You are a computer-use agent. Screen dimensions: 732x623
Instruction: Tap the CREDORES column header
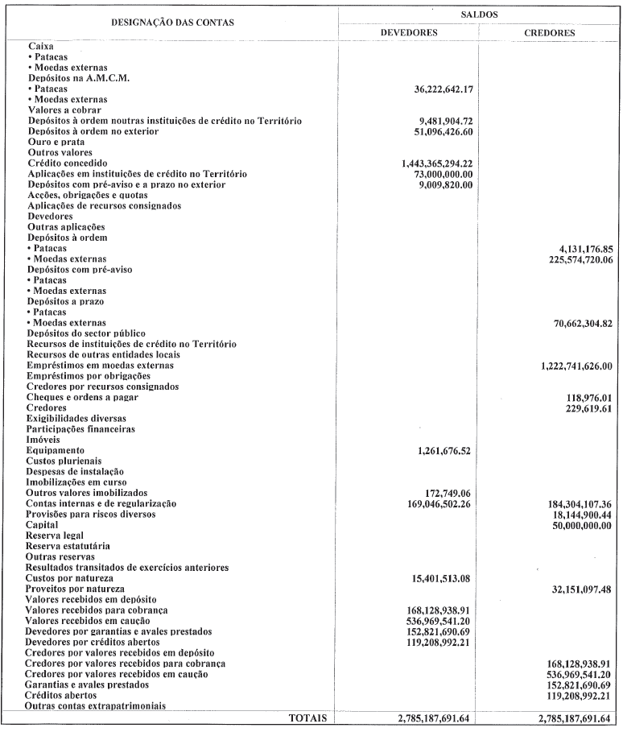[549, 34]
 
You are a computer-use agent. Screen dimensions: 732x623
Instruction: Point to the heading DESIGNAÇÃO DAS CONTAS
[171, 23]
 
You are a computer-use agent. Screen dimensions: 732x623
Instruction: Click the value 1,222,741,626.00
[571, 366]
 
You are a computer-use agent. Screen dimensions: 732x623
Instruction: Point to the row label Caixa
[40, 47]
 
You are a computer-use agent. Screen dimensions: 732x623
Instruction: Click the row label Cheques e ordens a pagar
[83, 398]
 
